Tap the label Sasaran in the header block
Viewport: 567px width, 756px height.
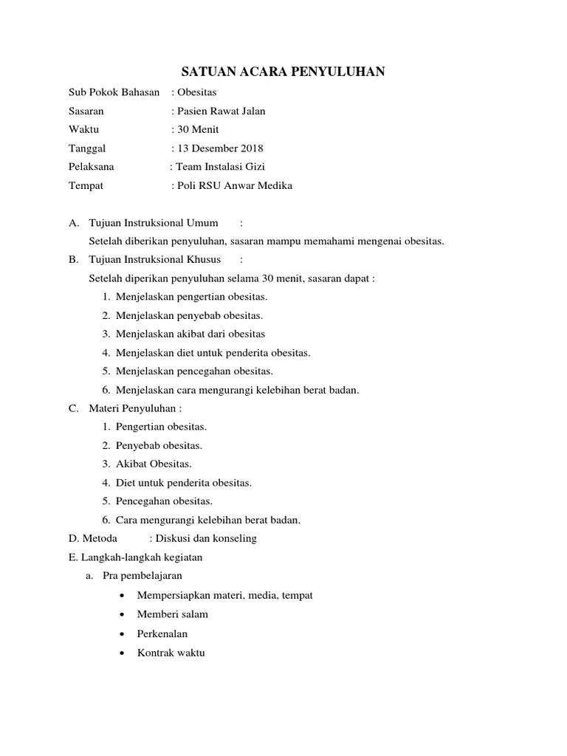[x=86, y=111]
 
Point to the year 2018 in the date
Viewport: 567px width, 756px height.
[x=250, y=148]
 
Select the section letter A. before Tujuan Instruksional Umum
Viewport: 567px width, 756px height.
[x=73, y=223]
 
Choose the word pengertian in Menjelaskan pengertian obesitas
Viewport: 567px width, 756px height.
[x=194, y=297]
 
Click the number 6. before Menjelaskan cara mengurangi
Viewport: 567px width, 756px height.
[x=106, y=390]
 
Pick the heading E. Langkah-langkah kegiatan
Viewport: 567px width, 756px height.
[x=135, y=557]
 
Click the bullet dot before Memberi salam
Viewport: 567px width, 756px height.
[x=121, y=614]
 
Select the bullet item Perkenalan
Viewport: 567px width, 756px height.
[x=162, y=633]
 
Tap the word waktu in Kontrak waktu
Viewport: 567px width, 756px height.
[x=190, y=653]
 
